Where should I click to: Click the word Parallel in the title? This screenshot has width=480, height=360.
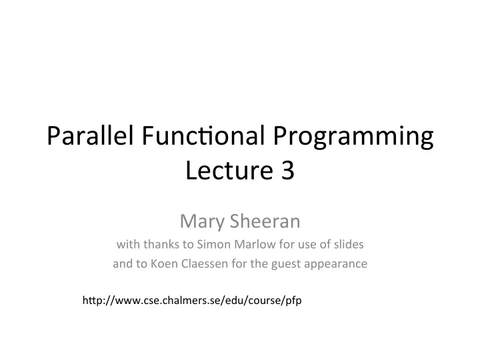coord(90,135)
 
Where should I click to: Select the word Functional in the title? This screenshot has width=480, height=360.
coord(203,135)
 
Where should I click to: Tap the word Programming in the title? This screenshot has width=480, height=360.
coord(353,137)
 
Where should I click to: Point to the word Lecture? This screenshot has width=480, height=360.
coord(229,169)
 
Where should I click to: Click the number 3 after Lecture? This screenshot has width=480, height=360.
coord(287,170)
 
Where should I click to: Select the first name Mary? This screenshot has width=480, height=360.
coord(203,221)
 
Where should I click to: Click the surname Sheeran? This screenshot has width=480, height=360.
coord(265,221)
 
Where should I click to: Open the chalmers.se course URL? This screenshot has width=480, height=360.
coord(192,300)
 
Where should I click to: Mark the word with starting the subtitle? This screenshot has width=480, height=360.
coord(129,244)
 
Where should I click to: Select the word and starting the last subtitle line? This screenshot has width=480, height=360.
coord(123,263)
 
